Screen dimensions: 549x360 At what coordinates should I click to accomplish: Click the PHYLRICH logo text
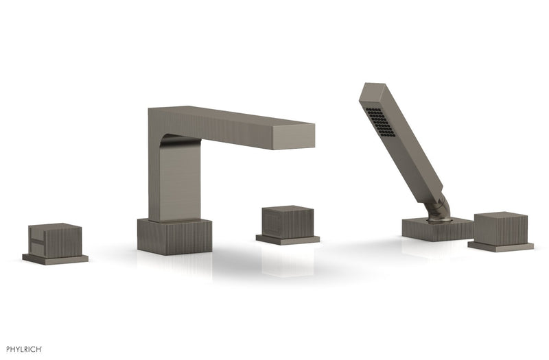point(24,349)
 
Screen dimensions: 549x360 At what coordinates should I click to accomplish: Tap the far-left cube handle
point(55,241)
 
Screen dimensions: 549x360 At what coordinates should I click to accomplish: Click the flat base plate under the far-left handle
point(56,259)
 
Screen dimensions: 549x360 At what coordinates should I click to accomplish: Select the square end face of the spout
point(293,136)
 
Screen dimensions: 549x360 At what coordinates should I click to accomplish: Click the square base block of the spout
point(174,237)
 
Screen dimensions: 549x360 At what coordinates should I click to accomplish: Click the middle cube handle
point(288,222)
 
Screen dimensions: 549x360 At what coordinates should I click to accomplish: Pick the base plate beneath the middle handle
point(288,239)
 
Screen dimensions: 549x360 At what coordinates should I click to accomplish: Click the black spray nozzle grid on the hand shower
point(380,122)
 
